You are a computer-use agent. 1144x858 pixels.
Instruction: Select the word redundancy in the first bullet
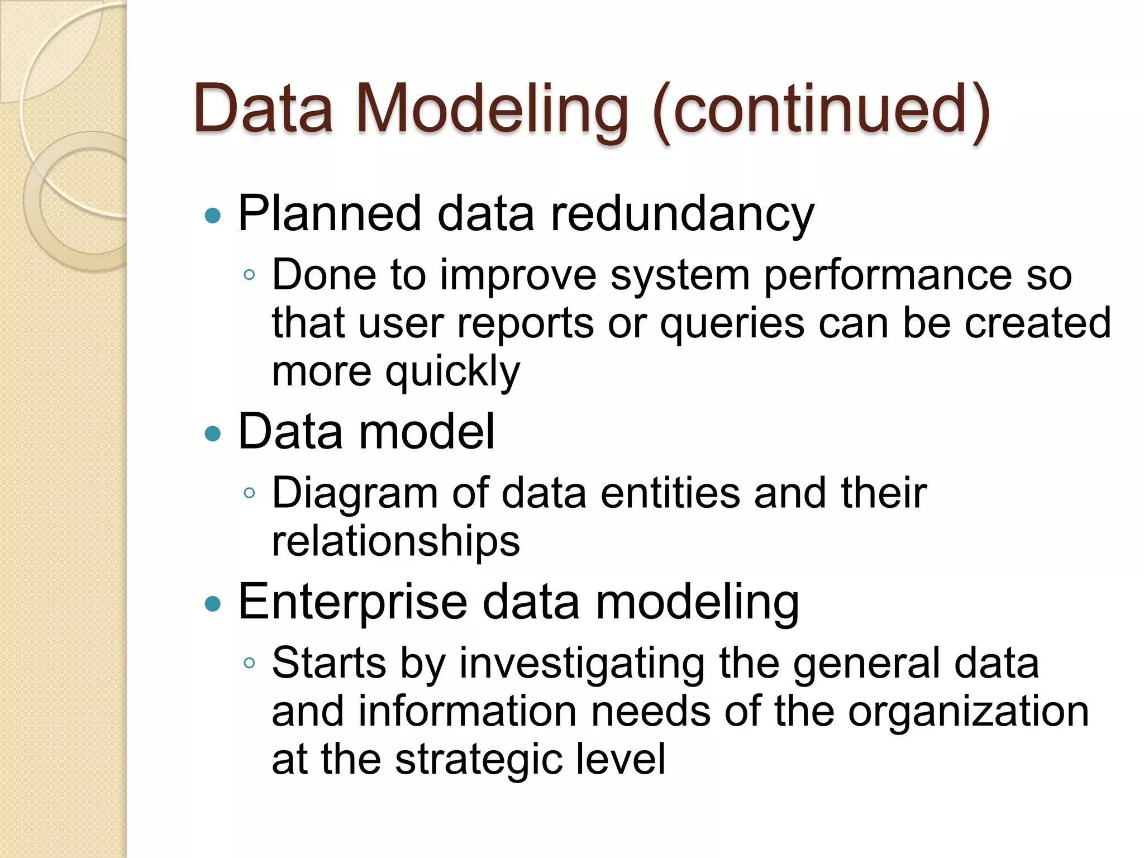[682, 214]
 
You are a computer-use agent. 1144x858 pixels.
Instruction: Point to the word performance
[888, 275]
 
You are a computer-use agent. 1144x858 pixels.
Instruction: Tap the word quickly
[452, 373]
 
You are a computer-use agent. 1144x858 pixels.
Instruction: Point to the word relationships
[395, 542]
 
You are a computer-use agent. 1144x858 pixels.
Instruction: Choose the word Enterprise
[352, 602]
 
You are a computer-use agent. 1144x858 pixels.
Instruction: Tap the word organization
[968, 712]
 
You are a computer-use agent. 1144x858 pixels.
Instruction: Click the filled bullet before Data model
[213, 433]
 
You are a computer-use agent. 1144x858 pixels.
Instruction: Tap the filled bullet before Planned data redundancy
[213, 216]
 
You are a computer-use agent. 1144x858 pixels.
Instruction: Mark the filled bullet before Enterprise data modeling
[213, 604]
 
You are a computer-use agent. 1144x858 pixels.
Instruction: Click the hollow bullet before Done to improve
[249, 275]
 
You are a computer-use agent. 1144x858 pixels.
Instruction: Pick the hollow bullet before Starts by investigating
[249, 663]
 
